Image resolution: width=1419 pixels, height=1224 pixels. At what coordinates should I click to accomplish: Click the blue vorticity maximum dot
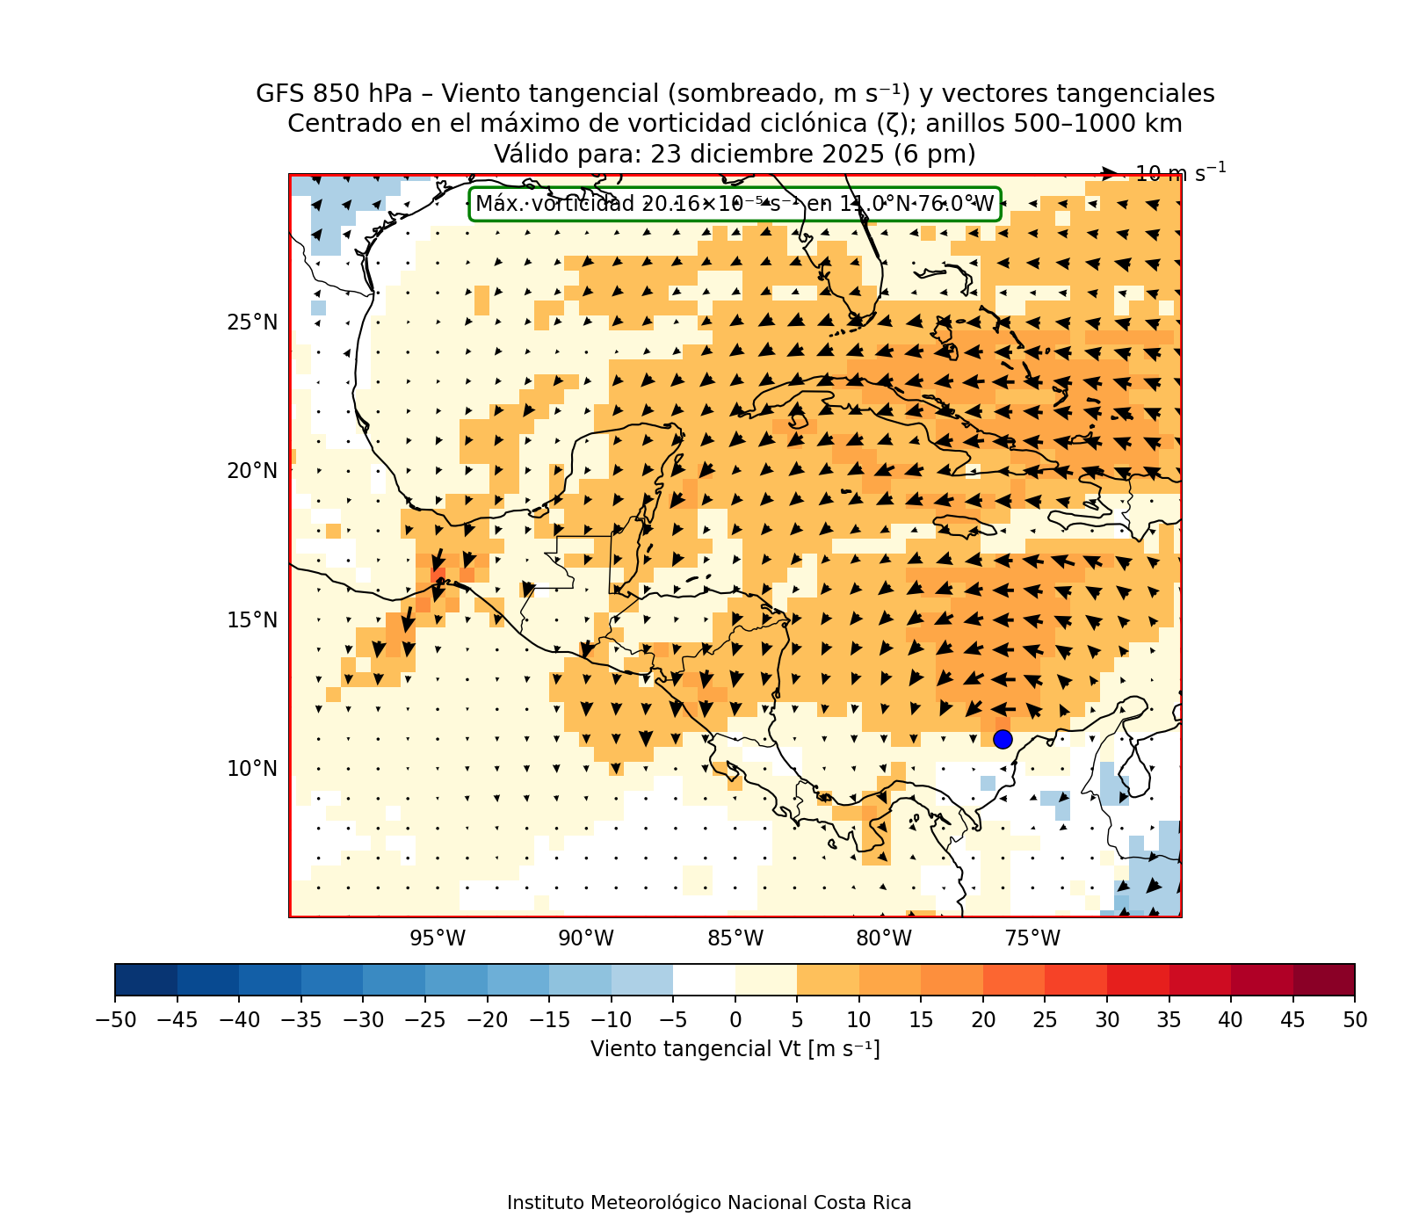[x=1003, y=739]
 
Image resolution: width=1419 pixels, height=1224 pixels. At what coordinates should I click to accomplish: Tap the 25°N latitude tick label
[x=252, y=322]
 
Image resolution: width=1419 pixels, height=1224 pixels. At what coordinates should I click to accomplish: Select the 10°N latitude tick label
[x=252, y=769]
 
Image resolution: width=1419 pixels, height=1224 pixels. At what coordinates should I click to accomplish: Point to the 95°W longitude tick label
[x=438, y=938]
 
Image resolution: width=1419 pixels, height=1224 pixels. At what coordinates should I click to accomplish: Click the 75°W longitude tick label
[x=1032, y=938]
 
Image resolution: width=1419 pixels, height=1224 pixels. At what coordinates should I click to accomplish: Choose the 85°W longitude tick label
[x=735, y=938]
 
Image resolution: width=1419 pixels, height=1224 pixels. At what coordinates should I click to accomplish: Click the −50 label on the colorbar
[x=114, y=1019]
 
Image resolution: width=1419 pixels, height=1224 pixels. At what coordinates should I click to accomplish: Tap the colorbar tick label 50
[x=1355, y=1019]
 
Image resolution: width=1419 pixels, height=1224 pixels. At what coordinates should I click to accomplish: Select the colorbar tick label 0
[x=735, y=1019]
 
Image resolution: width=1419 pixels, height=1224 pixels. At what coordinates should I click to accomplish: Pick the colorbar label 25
[x=1045, y=1019]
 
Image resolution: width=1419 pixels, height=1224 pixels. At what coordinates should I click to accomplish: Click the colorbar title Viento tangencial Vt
[x=735, y=1049]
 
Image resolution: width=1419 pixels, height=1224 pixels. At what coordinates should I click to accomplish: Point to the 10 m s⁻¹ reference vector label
[x=1180, y=173]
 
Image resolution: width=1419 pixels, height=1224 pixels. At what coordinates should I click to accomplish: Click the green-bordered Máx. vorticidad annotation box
[x=735, y=205]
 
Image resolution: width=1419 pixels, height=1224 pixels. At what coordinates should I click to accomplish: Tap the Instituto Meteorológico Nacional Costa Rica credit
[x=709, y=1202]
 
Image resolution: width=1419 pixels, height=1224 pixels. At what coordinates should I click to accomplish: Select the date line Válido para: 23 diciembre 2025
[x=735, y=154]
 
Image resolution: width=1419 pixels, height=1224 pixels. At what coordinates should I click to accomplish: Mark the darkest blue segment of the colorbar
[x=146, y=979]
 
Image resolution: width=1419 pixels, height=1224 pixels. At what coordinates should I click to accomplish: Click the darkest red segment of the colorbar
[x=1323, y=979]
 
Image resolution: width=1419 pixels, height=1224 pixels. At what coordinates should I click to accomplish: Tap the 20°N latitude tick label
[x=252, y=471]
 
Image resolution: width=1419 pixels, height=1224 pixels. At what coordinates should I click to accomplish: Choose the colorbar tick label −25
[x=424, y=1019]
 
